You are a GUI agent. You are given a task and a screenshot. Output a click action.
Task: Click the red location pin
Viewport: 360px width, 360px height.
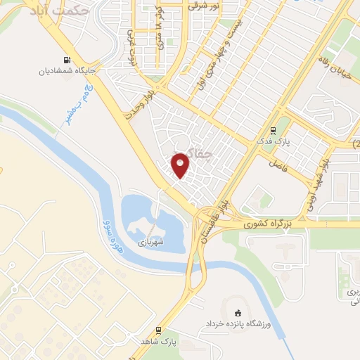181,166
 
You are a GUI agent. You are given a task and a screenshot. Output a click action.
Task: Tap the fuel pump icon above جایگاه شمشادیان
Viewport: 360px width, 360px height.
67,60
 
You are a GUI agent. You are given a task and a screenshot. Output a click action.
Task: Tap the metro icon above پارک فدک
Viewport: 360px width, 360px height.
273,130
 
